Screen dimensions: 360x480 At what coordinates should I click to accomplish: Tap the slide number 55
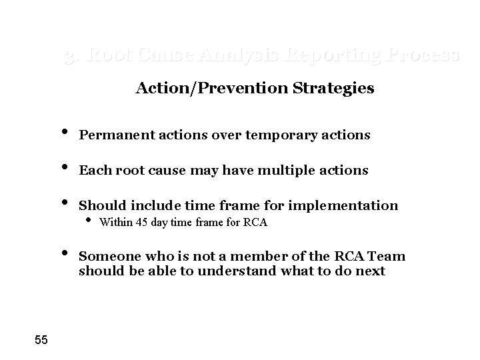pyautogui.click(x=41, y=341)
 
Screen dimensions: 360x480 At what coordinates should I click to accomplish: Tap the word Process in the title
pyautogui.click(x=425, y=55)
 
